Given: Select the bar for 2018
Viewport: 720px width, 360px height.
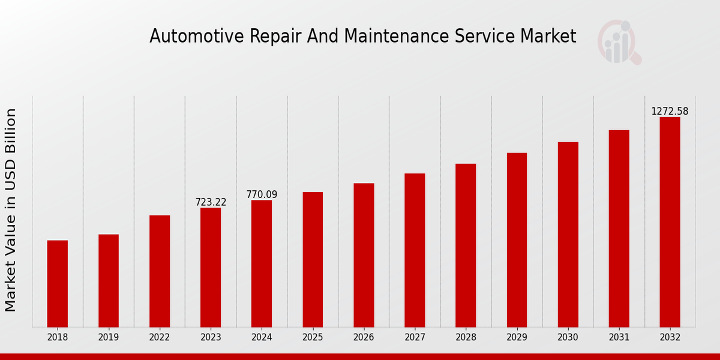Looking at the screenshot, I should pyautogui.click(x=58, y=283).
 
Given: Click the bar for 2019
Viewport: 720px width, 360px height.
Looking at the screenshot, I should pyautogui.click(x=109, y=280).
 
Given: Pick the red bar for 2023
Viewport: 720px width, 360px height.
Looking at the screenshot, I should pyautogui.click(x=211, y=267).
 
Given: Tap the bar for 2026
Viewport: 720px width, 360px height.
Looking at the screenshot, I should pyautogui.click(x=364, y=255).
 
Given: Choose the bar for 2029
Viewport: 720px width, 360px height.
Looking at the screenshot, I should pyautogui.click(x=517, y=239).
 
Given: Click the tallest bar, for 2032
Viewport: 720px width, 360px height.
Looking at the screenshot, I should pyautogui.click(x=670, y=222).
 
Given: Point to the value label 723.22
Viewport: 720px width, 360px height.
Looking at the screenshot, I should pyautogui.click(x=211, y=202).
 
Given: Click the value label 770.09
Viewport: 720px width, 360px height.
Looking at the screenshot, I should pyautogui.click(x=262, y=194).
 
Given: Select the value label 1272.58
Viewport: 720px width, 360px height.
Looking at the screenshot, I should pyautogui.click(x=670, y=112).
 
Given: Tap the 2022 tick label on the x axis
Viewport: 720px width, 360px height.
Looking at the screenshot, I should pyautogui.click(x=160, y=337).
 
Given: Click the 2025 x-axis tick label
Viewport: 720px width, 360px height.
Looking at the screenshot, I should pyautogui.click(x=313, y=337).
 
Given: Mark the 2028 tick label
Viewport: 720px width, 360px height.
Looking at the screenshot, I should pyautogui.click(x=466, y=337).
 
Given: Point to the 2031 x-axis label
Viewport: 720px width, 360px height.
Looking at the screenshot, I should pyautogui.click(x=619, y=337).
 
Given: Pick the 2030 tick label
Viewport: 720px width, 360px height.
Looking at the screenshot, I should pyautogui.click(x=568, y=337).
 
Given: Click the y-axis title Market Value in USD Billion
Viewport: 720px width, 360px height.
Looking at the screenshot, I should pyautogui.click(x=11, y=210).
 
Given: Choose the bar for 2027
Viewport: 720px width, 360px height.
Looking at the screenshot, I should pyautogui.click(x=415, y=250).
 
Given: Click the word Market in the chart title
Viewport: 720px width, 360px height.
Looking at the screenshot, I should pyautogui.click(x=549, y=37).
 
